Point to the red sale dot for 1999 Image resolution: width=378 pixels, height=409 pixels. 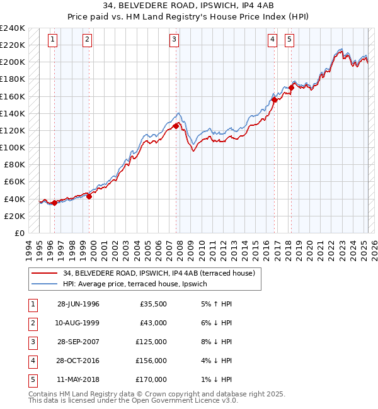pos(89,196)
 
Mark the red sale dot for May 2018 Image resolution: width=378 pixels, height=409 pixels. pos(291,87)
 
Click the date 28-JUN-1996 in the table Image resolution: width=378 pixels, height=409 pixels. pos(78,304)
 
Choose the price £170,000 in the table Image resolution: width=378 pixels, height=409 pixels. pos(152,379)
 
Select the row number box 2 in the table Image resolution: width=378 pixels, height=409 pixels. pos(31,323)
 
